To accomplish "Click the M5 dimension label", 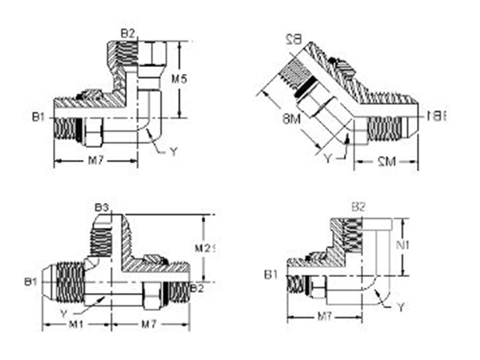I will tap(179, 79).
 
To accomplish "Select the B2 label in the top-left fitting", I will tap(128, 34).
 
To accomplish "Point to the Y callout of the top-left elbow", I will tap(173, 152).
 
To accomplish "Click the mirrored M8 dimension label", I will tap(291, 119).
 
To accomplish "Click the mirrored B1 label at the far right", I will tap(437, 116).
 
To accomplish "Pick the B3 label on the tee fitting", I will tap(102, 208).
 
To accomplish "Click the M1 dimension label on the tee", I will tap(76, 324).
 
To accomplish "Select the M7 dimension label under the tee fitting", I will tap(149, 324).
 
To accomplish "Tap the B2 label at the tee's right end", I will tap(197, 288).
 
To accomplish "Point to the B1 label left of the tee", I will tap(30, 282).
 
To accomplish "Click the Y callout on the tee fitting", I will tap(63, 312).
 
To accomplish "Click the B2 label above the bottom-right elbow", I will tap(358, 207).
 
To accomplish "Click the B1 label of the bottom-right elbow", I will tap(271, 275).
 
